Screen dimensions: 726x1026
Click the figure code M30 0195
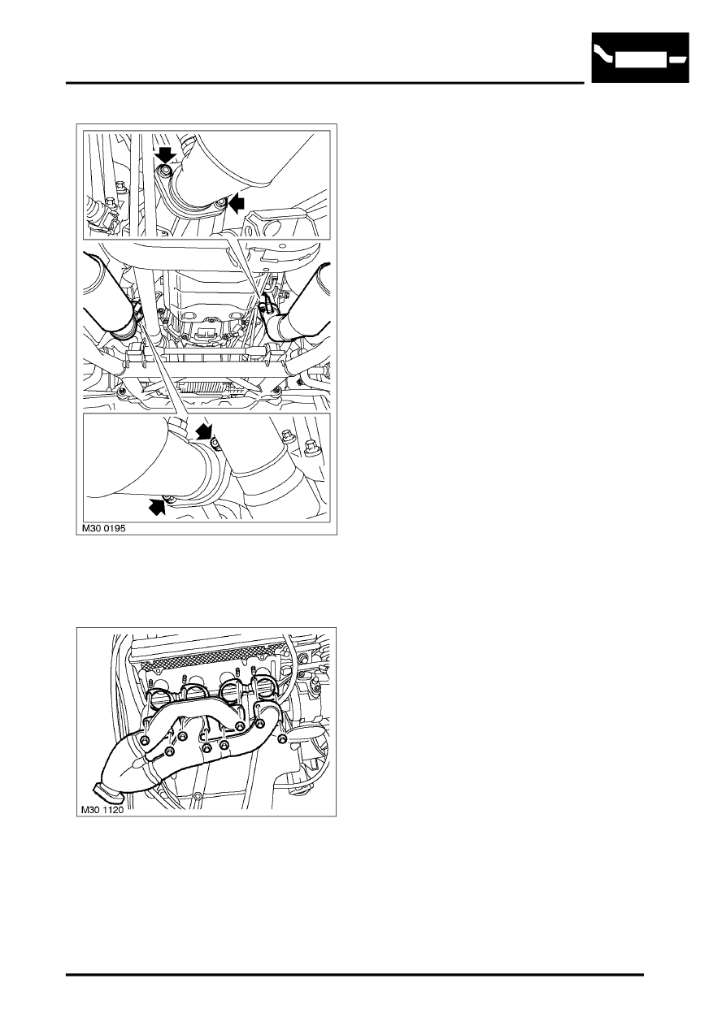(103, 528)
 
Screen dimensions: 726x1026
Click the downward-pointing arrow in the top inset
(166, 156)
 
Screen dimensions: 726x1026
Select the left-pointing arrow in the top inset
(237, 203)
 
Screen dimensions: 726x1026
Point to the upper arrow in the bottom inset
(203, 431)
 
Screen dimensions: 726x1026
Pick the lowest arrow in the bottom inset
(157, 506)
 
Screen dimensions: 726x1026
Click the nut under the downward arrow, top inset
(165, 171)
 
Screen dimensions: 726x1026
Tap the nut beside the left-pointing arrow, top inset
(221, 202)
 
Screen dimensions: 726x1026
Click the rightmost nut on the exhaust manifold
(282, 738)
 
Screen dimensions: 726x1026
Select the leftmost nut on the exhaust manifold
(146, 741)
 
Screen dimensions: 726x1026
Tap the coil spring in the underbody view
(203, 388)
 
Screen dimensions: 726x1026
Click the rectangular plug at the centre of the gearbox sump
(204, 331)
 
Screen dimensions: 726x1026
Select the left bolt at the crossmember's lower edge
(121, 391)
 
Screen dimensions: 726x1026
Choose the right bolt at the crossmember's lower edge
(277, 390)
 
